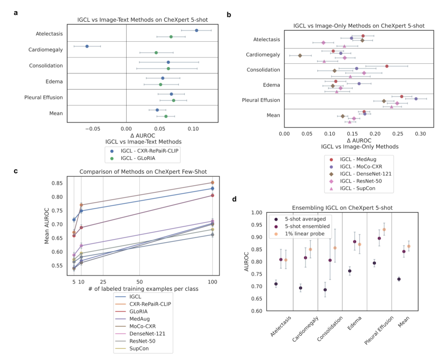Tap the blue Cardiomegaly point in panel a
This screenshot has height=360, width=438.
coord(87,46)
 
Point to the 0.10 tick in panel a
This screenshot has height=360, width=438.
coord(194,128)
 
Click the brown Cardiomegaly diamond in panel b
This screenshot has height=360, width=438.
coord(300,55)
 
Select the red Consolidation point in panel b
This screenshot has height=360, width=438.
coord(387,66)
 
